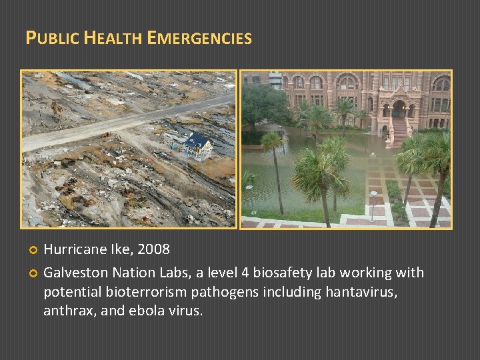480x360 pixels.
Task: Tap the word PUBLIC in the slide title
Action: [x=52, y=38]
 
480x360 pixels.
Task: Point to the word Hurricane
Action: [x=74, y=249]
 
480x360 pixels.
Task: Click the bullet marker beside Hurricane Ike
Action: [x=30, y=250]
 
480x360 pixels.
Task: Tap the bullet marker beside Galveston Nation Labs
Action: [x=30, y=273]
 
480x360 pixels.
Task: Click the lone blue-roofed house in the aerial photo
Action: [x=198, y=143]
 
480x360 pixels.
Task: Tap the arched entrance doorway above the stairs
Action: [x=399, y=108]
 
